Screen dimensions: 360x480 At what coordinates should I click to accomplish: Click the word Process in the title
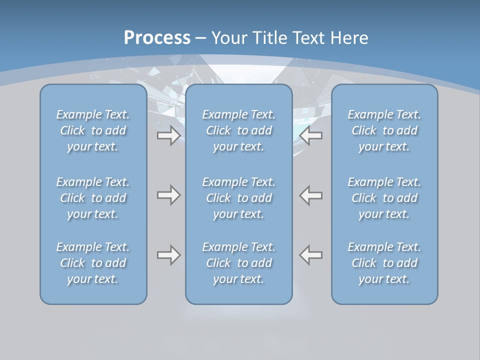tap(157, 38)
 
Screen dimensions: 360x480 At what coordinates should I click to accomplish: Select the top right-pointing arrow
tap(168, 135)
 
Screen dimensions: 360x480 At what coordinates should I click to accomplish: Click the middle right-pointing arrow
tap(168, 195)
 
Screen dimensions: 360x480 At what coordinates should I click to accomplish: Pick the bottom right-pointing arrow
tap(168, 255)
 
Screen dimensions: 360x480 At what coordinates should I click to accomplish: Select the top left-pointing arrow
tap(311, 135)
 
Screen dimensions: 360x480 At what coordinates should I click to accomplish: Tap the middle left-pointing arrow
tap(311, 195)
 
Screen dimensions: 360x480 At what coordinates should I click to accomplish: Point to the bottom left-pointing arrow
tap(311, 255)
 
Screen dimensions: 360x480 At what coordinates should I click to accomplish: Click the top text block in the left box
tap(93, 130)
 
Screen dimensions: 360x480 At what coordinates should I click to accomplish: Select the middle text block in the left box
tap(93, 198)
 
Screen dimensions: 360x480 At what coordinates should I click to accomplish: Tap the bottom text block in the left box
tap(93, 263)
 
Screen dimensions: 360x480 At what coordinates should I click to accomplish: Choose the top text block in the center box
tap(239, 130)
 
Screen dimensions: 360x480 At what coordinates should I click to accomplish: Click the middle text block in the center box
tap(239, 198)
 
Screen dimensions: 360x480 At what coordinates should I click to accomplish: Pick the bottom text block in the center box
tap(239, 263)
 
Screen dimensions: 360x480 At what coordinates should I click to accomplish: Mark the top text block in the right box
tap(384, 130)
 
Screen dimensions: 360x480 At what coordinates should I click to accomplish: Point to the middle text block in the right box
tap(384, 198)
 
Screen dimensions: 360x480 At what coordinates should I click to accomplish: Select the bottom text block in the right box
tap(384, 263)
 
